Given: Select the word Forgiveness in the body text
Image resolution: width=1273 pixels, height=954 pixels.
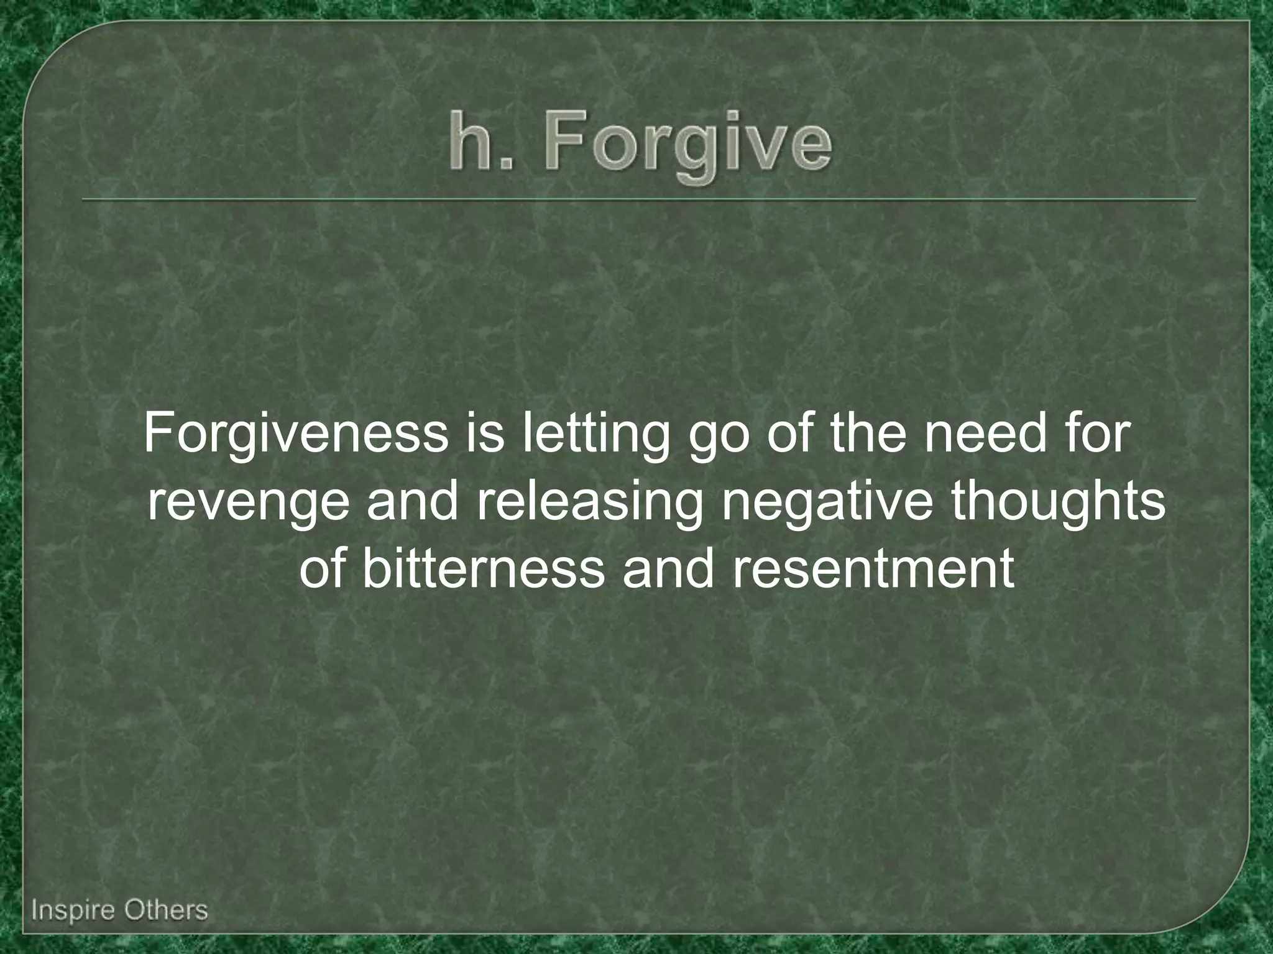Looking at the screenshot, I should tap(296, 433).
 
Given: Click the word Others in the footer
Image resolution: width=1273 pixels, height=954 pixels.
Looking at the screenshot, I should tap(165, 911).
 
